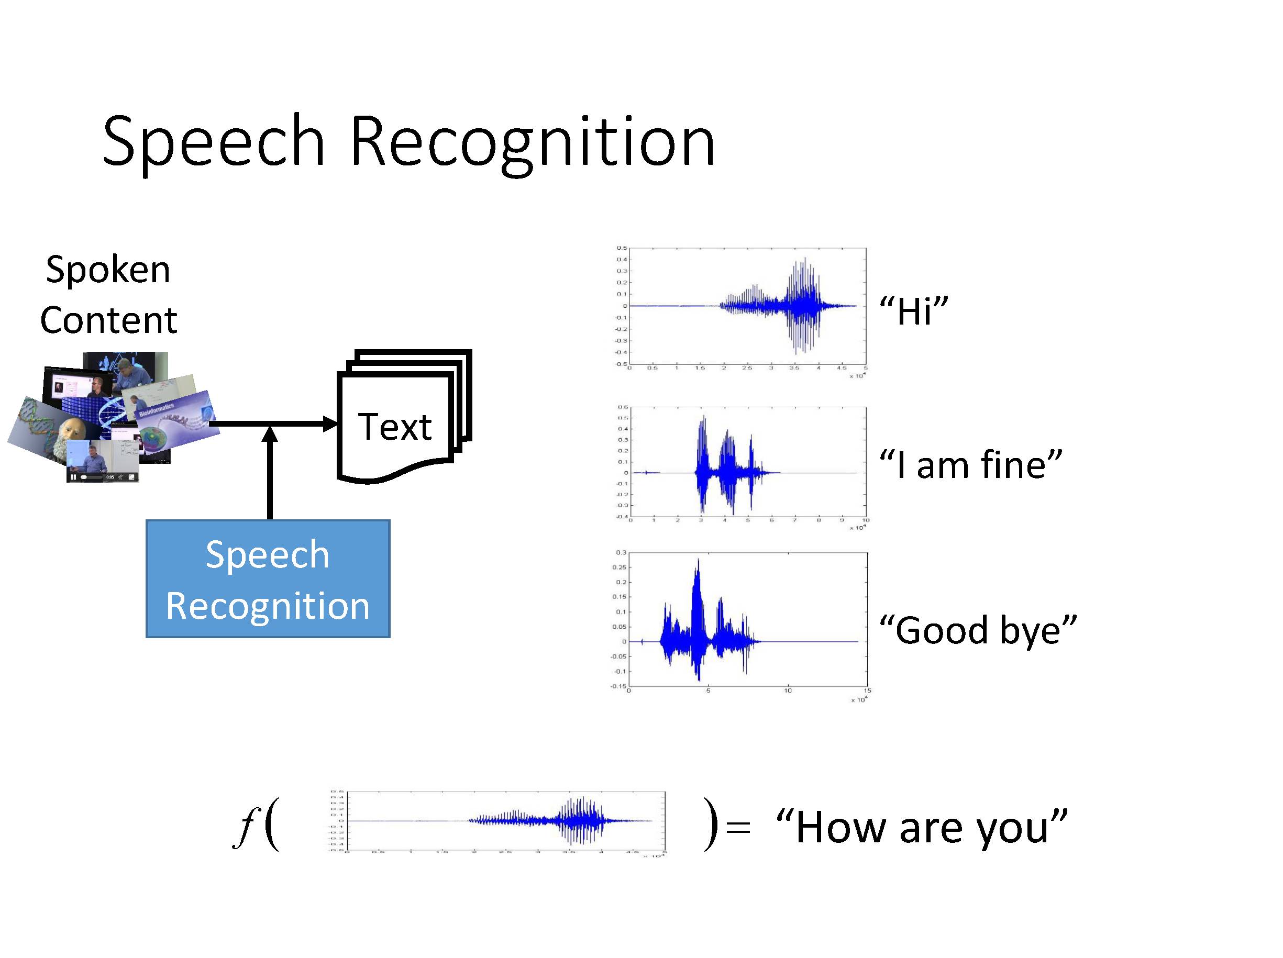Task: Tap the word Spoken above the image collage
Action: click(x=108, y=270)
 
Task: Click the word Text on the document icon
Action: click(x=394, y=427)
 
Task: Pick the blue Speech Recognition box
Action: click(x=268, y=579)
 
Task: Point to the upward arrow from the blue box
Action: click(x=270, y=475)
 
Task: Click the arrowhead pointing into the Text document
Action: click(x=329, y=424)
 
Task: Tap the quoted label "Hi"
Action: click(x=913, y=311)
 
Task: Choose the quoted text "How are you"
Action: click(x=922, y=827)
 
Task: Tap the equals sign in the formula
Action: click(x=738, y=827)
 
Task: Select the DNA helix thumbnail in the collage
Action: click(x=35, y=424)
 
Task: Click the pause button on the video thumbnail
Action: click(x=74, y=477)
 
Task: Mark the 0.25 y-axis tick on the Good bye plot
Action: click(x=620, y=567)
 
